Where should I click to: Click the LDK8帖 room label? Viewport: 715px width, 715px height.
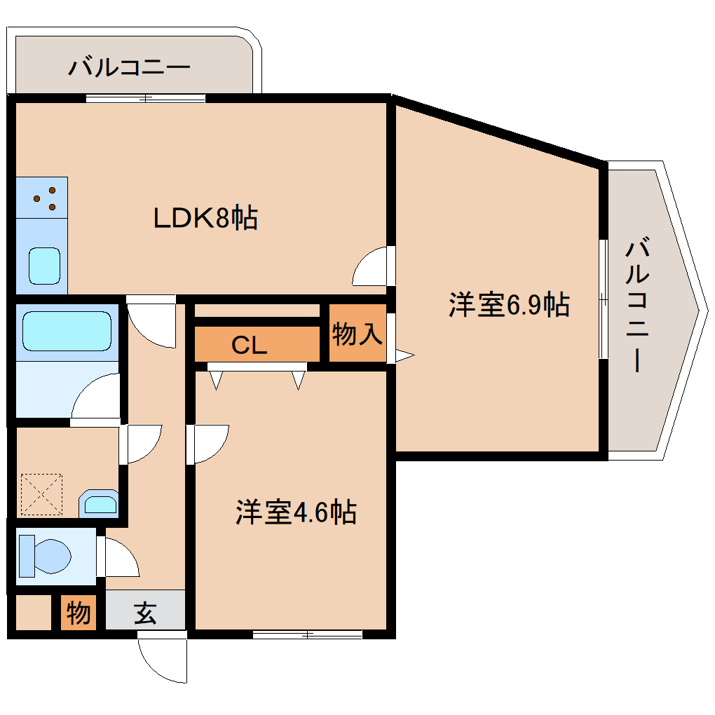pos(205,219)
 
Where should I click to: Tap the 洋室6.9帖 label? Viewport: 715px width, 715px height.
pos(508,305)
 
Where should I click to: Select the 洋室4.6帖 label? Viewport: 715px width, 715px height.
pos(295,512)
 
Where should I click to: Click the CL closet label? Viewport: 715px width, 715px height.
pos(249,345)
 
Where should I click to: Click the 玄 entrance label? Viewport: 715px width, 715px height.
pos(145,614)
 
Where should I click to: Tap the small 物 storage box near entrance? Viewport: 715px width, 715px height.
pos(78,613)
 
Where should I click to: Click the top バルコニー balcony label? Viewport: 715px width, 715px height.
pos(130,69)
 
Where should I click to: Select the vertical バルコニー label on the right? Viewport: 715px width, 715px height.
pos(637,305)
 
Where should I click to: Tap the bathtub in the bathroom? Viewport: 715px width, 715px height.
pos(67,331)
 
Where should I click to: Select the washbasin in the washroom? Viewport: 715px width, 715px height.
pos(98,503)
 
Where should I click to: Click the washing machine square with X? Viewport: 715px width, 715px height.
pos(41,495)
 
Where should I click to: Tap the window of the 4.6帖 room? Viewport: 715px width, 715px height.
pos(307,635)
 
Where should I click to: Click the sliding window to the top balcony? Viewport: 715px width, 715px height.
pos(146,98)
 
